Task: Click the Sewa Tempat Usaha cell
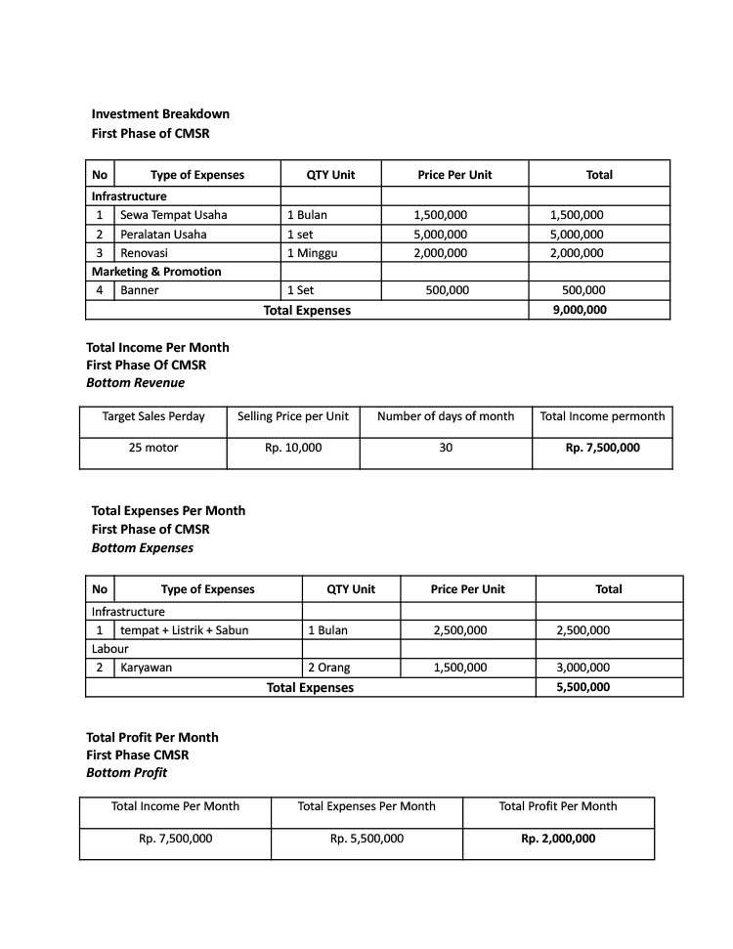pyautogui.click(x=173, y=215)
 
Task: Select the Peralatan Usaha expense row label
pyautogui.click(x=163, y=235)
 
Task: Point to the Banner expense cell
pyautogui.click(x=140, y=290)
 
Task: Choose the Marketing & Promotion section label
pyautogui.click(x=156, y=272)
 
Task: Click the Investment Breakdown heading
pyautogui.click(x=160, y=114)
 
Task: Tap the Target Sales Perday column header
pyautogui.click(x=153, y=416)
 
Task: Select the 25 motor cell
pyautogui.click(x=153, y=449)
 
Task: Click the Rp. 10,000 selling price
pyautogui.click(x=293, y=449)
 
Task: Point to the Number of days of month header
pyautogui.click(x=446, y=416)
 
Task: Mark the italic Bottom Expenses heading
pyautogui.click(x=142, y=548)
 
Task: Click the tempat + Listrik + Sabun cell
pyautogui.click(x=184, y=630)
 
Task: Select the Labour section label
pyautogui.click(x=110, y=649)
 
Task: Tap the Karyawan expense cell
pyautogui.click(x=146, y=669)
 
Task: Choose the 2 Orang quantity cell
pyautogui.click(x=328, y=669)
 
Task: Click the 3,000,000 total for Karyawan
pyautogui.click(x=582, y=669)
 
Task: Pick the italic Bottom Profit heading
pyautogui.click(x=126, y=773)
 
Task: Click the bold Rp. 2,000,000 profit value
pyautogui.click(x=558, y=839)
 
